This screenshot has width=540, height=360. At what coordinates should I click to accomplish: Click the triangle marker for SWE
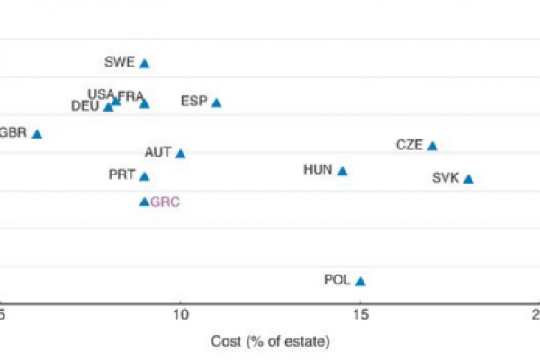pyautogui.click(x=144, y=64)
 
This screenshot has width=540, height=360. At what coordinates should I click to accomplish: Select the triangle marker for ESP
pyautogui.click(x=216, y=103)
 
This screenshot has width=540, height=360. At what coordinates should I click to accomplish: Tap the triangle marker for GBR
pyautogui.click(x=37, y=134)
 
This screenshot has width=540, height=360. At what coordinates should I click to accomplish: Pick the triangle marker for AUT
pyautogui.click(x=180, y=154)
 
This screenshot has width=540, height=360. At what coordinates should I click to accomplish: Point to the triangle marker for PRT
pyautogui.click(x=144, y=176)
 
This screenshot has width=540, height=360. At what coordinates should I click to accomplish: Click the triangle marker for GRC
pyautogui.click(x=144, y=202)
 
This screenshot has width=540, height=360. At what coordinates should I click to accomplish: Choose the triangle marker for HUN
pyautogui.click(x=342, y=171)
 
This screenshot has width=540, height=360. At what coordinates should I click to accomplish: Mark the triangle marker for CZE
pyautogui.click(x=432, y=146)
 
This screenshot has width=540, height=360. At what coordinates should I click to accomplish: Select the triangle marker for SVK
pyautogui.click(x=468, y=179)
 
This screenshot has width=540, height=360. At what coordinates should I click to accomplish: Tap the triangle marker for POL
pyautogui.click(x=360, y=281)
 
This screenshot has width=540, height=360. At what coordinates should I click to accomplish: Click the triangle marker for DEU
pyautogui.click(x=109, y=107)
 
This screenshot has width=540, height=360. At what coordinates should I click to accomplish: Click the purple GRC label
pyautogui.click(x=166, y=202)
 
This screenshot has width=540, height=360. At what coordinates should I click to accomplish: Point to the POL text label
pyautogui.click(x=337, y=280)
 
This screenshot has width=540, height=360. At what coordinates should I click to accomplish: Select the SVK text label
pyautogui.click(x=445, y=178)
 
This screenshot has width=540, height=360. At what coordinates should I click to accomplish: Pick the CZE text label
pyautogui.click(x=409, y=145)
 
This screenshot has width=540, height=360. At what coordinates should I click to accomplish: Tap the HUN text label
pyautogui.click(x=319, y=169)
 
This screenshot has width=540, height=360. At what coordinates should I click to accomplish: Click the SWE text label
pyautogui.click(x=119, y=62)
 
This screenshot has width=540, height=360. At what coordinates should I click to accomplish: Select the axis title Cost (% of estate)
pyautogui.click(x=270, y=342)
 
